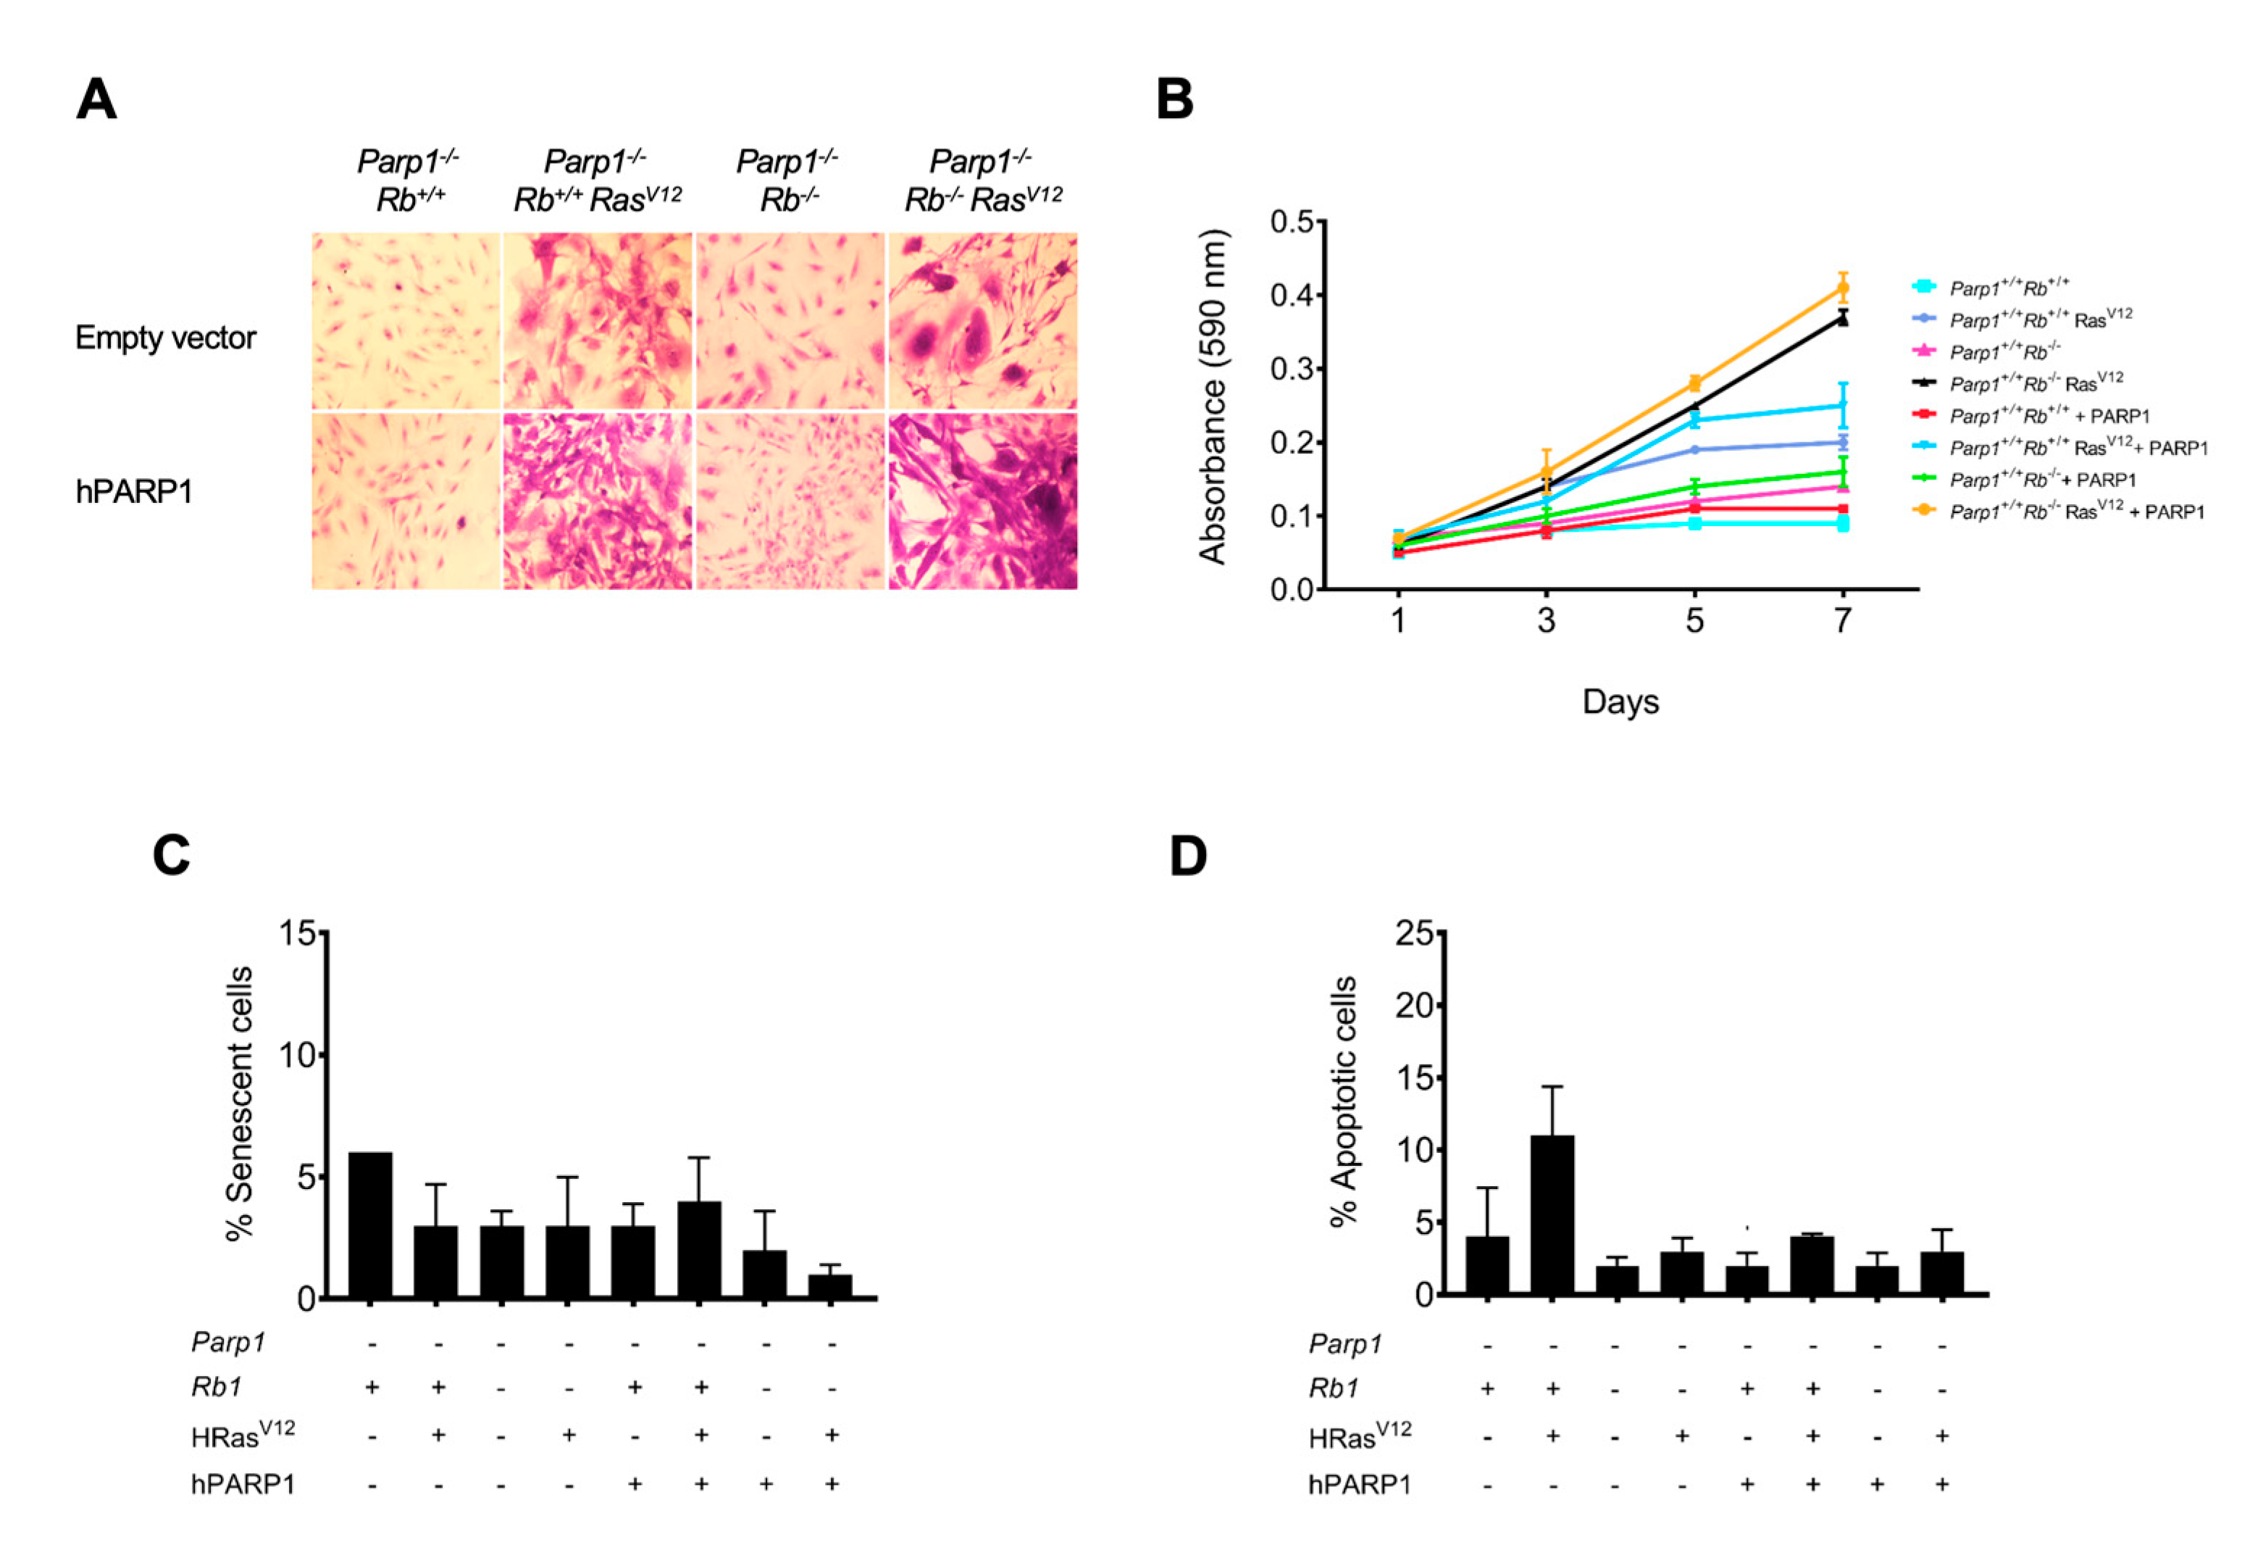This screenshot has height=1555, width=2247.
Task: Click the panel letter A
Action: point(96,100)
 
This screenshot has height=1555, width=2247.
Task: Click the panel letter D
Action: point(1187,856)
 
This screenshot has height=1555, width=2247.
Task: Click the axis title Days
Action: point(1620,701)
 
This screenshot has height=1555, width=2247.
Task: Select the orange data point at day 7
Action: point(1842,288)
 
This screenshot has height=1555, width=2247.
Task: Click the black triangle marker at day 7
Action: point(1842,319)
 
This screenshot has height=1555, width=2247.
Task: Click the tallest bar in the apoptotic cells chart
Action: point(1552,1214)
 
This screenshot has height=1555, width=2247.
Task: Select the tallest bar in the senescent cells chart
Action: point(370,1225)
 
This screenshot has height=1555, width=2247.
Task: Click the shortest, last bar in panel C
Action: point(830,1285)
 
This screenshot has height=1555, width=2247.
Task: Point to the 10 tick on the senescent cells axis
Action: point(297,1055)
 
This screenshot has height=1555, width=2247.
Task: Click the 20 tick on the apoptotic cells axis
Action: point(1413,1006)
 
